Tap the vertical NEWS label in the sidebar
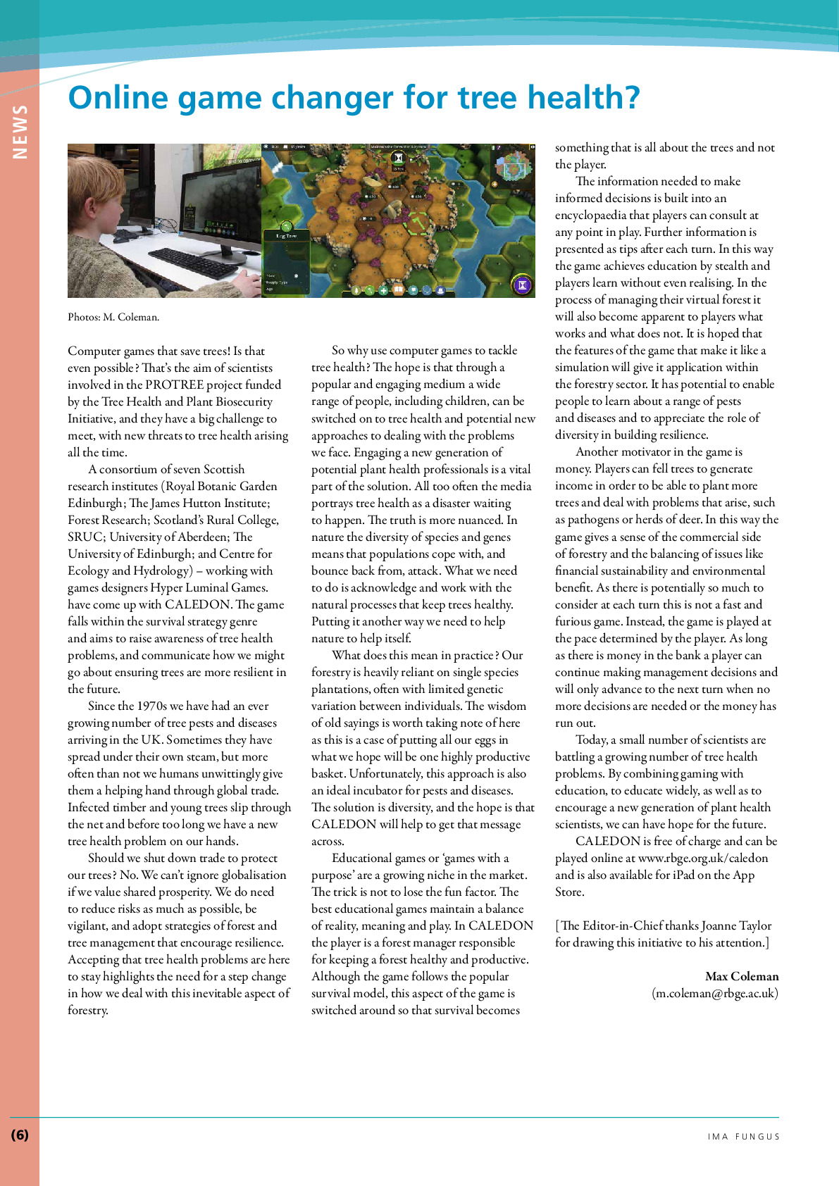click(20, 132)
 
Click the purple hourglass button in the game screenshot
click(523, 285)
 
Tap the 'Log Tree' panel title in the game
click(287, 236)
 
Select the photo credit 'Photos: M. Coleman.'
click(113, 317)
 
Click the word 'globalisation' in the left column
click(248, 875)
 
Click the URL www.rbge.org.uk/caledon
click(703, 858)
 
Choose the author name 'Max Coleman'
click(742, 976)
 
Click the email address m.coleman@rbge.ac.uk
click(715, 993)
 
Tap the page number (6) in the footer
click(20, 1135)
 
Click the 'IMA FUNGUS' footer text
click(744, 1137)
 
